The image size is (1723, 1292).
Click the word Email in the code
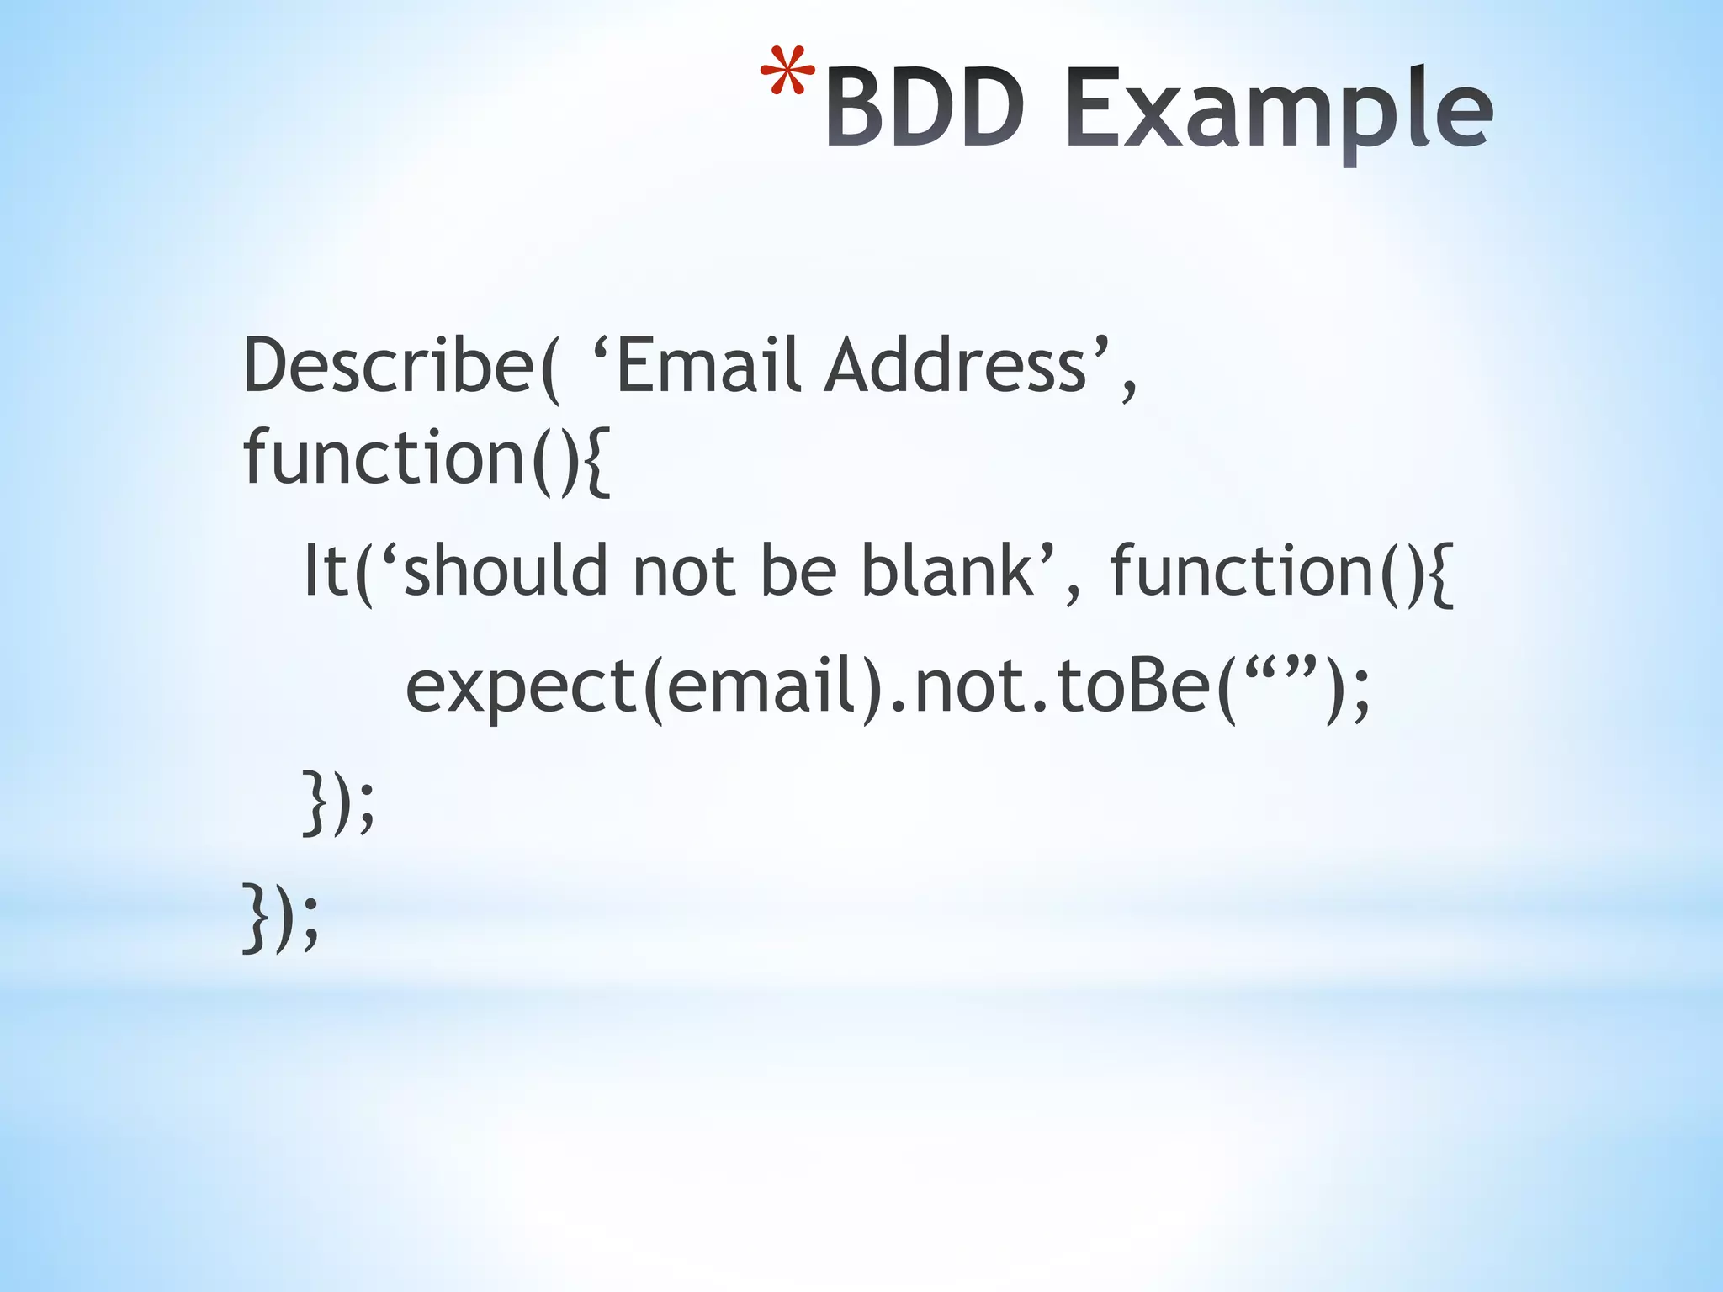point(708,366)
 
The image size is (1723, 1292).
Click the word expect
point(521,688)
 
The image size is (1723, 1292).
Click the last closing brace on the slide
point(254,919)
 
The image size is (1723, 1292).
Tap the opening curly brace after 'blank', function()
point(1441,574)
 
